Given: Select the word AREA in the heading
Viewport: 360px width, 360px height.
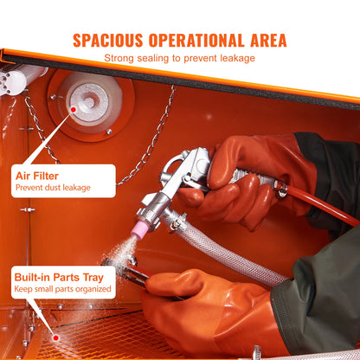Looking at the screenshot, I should [266, 40].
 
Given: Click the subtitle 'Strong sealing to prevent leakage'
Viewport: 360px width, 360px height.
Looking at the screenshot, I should [180, 58].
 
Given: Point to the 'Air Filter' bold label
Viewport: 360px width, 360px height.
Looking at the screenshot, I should [39, 175].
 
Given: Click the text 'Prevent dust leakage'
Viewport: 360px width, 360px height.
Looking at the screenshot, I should [53, 187].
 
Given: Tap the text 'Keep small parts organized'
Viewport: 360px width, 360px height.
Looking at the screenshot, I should [62, 290].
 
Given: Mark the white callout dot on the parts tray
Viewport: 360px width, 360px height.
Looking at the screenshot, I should [57, 338].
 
